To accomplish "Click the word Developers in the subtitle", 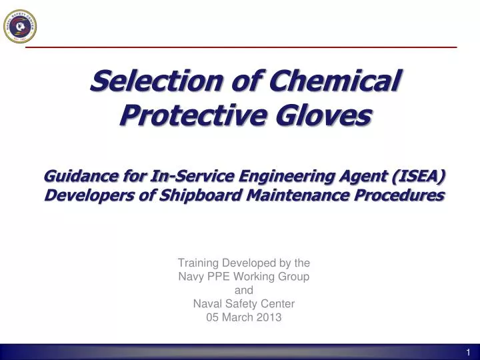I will [83, 195].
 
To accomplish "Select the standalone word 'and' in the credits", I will [244, 290].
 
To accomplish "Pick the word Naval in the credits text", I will [207, 304].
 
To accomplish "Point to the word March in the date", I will [239, 317].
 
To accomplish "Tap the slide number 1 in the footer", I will [468, 352].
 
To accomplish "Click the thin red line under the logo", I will [241, 47].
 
